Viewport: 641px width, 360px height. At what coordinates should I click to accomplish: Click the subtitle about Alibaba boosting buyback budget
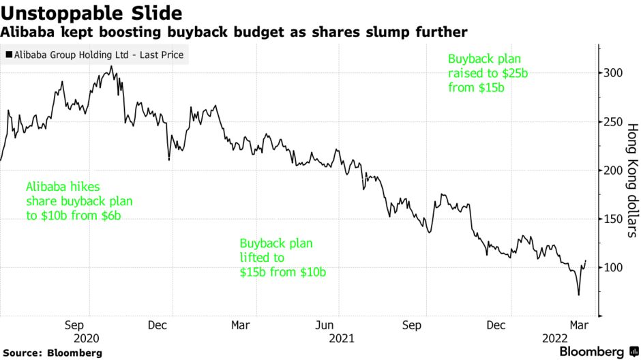pyautogui.click(x=233, y=32)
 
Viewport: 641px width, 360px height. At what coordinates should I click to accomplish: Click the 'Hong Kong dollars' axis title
pyautogui.click(x=631, y=180)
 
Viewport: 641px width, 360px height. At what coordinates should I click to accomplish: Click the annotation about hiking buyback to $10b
pyautogui.click(x=78, y=201)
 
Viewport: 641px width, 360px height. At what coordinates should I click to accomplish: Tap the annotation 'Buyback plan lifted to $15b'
pyautogui.click(x=282, y=258)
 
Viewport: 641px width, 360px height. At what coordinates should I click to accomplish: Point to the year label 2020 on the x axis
pyautogui.click(x=86, y=338)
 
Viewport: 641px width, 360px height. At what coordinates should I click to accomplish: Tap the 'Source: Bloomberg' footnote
pyautogui.click(x=52, y=352)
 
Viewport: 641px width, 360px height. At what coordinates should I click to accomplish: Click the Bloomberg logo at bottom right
pyautogui.click(x=591, y=351)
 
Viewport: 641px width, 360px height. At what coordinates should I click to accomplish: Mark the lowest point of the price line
pyautogui.click(x=579, y=295)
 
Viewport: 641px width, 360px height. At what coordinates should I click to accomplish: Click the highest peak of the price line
pyautogui.click(x=111, y=66)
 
